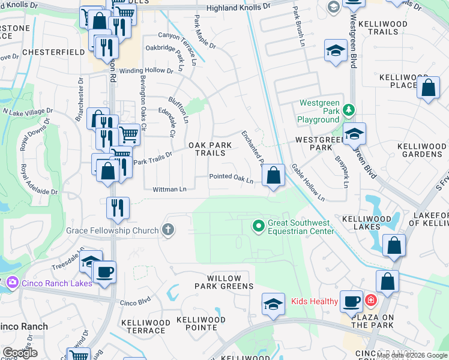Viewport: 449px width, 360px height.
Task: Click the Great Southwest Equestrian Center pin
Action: [259, 226]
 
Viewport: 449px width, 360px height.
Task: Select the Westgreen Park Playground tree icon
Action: [349, 110]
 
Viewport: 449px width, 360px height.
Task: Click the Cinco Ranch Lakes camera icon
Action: [13, 282]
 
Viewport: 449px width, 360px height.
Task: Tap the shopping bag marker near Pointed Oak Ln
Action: [273, 176]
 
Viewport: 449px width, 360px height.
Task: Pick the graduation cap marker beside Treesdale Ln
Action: [91, 262]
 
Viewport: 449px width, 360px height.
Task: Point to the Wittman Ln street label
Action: [169, 189]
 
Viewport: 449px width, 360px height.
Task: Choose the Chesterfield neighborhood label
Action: [53, 52]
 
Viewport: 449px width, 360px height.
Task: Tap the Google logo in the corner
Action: [20, 353]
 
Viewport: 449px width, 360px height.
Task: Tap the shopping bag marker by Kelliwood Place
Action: [428, 88]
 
